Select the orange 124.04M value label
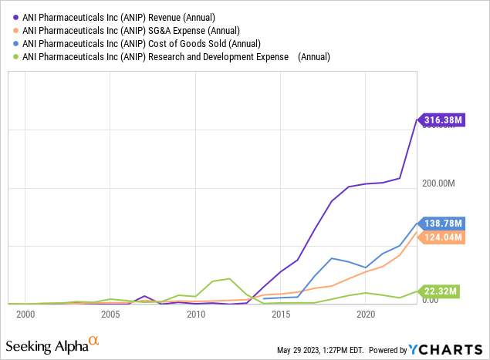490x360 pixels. tap(443, 237)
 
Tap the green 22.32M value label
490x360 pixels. tap(440, 291)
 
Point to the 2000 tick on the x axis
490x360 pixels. tap(25, 315)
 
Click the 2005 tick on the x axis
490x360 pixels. tap(110, 315)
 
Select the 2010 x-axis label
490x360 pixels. tap(196, 315)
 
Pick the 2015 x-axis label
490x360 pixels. tap(281, 315)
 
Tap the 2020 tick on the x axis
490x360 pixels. tap(366, 315)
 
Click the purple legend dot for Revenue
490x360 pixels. tap(15, 17)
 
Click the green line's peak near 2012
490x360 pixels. tap(229, 278)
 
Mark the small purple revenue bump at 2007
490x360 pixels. tap(144, 296)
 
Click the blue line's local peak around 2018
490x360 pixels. tap(332, 258)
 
